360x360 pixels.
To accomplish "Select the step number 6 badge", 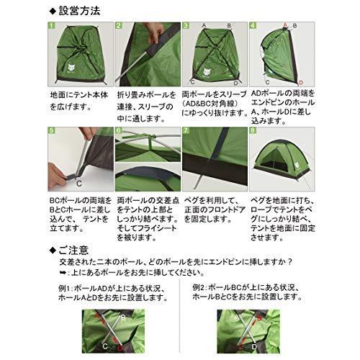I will [119, 132].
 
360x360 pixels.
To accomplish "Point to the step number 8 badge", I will [252, 132].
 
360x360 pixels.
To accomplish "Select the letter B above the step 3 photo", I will [229, 24].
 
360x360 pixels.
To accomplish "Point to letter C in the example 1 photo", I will [106, 345].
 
